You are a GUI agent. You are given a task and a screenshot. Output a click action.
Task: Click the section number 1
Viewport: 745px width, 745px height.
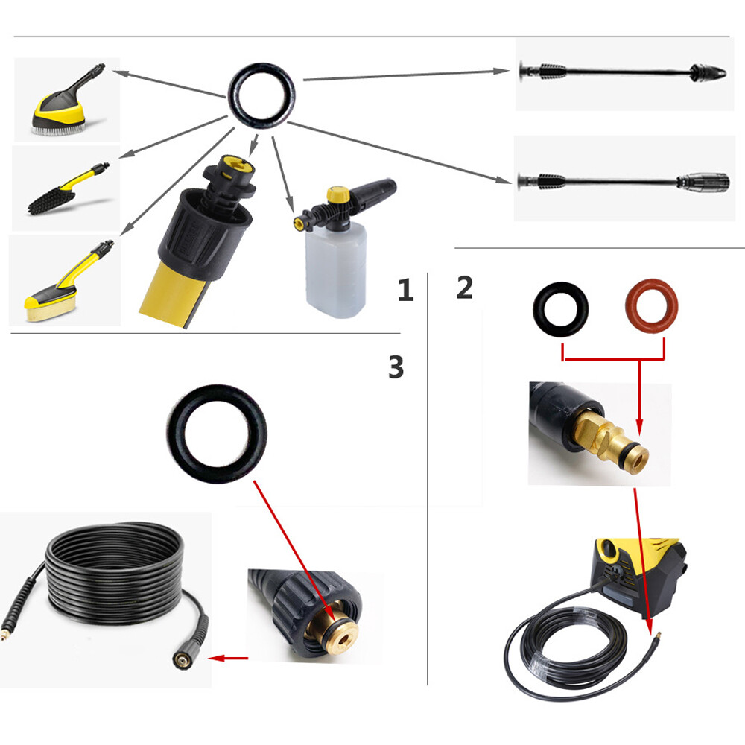click(405, 290)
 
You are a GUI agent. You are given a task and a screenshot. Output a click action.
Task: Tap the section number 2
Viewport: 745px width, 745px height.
click(464, 288)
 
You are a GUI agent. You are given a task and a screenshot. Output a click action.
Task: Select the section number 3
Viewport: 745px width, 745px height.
click(396, 367)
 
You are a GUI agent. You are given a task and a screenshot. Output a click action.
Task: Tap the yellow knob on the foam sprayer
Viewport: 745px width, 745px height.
click(338, 194)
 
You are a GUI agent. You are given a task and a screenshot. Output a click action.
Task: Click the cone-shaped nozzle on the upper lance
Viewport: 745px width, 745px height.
click(708, 72)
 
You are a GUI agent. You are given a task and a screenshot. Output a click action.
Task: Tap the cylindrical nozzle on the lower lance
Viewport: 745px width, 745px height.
click(704, 182)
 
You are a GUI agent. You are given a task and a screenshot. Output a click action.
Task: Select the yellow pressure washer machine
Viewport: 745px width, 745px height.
click(638, 575)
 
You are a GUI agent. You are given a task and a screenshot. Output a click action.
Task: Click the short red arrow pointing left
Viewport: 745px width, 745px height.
click(228, 658)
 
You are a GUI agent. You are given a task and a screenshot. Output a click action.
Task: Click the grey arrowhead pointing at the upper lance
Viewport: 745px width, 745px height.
click(501, 71)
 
